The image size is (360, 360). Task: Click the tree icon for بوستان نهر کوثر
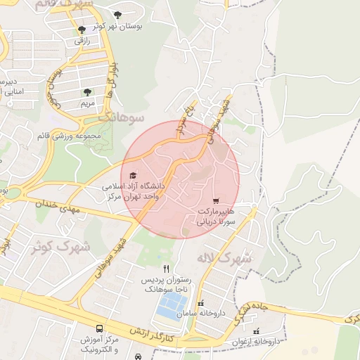tap(117, 15)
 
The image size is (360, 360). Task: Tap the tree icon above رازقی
tap(82, 30)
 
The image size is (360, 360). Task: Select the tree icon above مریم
tap(87, 92)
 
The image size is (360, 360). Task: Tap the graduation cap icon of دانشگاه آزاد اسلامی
tap(134, 175)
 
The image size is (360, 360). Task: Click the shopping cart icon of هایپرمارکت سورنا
tap(215, 200)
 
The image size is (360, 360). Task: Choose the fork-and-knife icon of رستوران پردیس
tap(166, 269)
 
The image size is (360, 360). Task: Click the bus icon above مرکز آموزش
tap(99, 328)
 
